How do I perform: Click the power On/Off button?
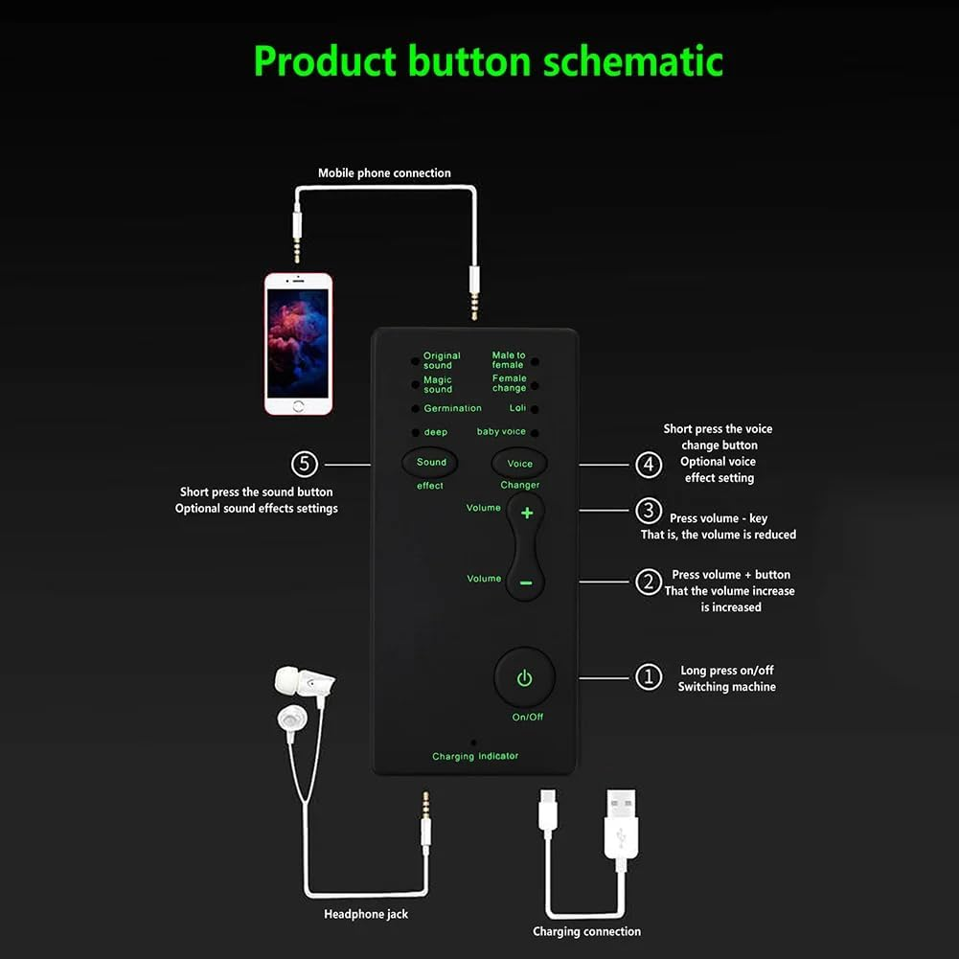524,678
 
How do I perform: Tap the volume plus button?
526,514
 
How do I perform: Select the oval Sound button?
430,463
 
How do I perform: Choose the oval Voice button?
519,464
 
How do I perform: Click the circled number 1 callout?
649,677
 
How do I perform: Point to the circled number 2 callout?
649,581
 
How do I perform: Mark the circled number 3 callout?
649,511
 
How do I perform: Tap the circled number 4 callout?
649,465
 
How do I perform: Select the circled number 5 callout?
305,465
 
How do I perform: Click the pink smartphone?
298,344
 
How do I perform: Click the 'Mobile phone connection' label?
384,173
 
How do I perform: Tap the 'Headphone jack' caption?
366,914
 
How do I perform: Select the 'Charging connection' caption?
586,931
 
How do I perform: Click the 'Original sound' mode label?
442,360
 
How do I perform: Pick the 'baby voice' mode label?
501,432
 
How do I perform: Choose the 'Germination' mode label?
452,408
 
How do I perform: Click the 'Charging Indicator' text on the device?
475,756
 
